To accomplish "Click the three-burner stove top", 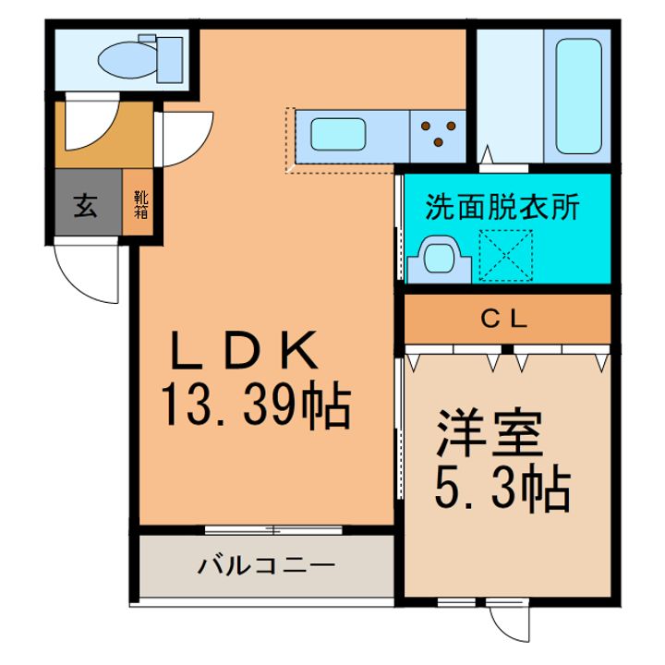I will point(438,134).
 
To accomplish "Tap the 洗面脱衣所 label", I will point(502,207).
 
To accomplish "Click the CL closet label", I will point(504,320).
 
